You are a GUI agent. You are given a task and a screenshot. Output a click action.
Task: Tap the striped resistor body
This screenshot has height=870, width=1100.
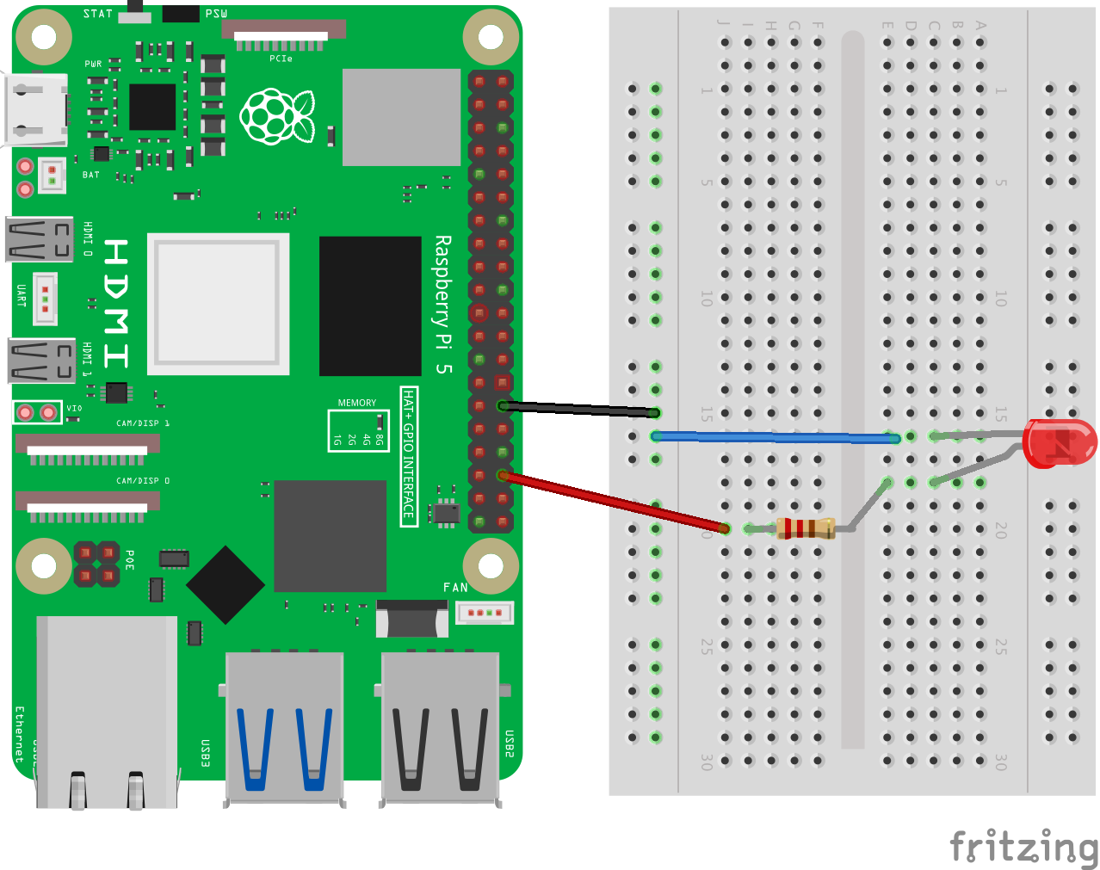pos(806,528)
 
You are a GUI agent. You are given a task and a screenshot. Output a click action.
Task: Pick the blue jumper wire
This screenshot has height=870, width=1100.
pos(775,438)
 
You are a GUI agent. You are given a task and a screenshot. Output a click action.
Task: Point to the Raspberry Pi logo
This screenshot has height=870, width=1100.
pos(276,116)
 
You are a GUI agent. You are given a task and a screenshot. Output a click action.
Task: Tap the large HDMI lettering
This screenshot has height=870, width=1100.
pos(116,304)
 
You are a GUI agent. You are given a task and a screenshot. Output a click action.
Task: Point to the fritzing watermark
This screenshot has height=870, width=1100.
pos(1023,848)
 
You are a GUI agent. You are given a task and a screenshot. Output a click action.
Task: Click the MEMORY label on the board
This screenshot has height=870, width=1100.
pos(357,403)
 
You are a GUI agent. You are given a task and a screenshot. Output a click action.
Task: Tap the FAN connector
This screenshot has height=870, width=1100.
pos(485,613)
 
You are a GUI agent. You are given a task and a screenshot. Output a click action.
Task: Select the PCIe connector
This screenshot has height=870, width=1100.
pos(284,32)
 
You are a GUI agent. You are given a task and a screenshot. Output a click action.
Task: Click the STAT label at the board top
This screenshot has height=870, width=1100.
pos(98,14)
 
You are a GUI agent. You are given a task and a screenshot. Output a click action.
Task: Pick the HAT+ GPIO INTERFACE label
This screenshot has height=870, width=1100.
pos(409,456)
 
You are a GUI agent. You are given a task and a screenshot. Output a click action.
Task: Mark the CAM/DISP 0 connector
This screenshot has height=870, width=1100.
pos(87,507)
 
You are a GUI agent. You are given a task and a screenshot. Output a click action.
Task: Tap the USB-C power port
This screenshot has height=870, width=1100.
pos(37,110)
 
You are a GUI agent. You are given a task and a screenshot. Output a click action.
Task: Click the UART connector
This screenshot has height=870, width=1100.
pos(45,299)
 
